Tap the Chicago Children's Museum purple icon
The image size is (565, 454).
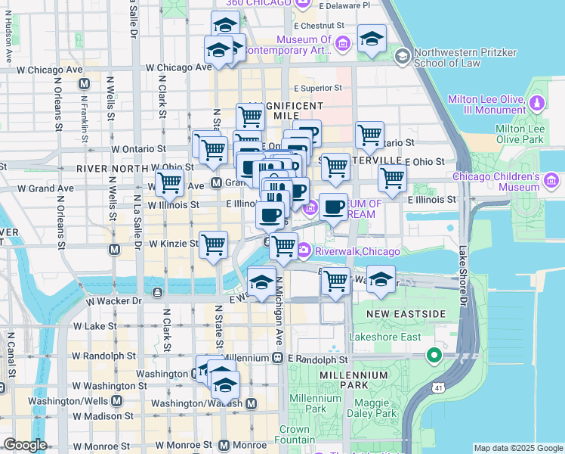pyautogui.click(x=551, y=180)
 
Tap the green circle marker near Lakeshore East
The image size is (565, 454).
pyautogui.click(x=434, y=354)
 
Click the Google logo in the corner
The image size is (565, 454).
pyautogui.click(x=25, y=445)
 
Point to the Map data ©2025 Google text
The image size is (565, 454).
pyautogui.click(x=517, y=448)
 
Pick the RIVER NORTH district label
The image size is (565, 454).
pyautogui.click(x=113, y=168)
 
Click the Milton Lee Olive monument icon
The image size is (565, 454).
pyautogui.click(x=538, y=102)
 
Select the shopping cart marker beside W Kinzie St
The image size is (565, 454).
pyautogui.click(x=215, y=244)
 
